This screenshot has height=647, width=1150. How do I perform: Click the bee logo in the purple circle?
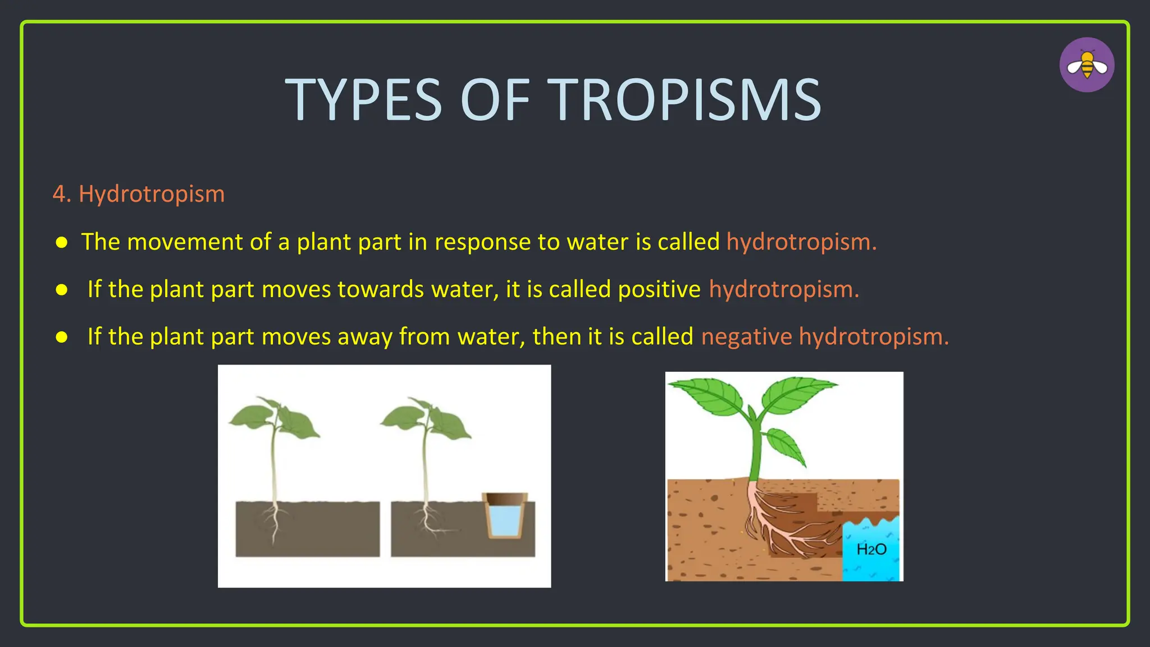[1087, 65]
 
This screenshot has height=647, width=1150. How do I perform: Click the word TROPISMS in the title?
[684, 100]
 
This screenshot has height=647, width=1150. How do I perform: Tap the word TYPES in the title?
[363, 100]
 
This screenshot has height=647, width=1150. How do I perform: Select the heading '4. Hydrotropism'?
[139, 194]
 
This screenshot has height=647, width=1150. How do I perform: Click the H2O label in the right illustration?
[871, 549]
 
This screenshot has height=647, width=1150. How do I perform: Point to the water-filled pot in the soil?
[505, 515]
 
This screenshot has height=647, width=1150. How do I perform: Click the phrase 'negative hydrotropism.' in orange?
[824, 337]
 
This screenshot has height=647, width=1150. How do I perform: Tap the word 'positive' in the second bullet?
[659, 289]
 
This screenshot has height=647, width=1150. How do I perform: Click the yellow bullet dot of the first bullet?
[62, 243]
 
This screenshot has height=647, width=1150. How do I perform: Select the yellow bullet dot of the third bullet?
[62, 338]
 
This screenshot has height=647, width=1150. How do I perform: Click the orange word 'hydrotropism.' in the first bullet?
[801, 242]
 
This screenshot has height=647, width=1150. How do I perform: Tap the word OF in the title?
[495, 100]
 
